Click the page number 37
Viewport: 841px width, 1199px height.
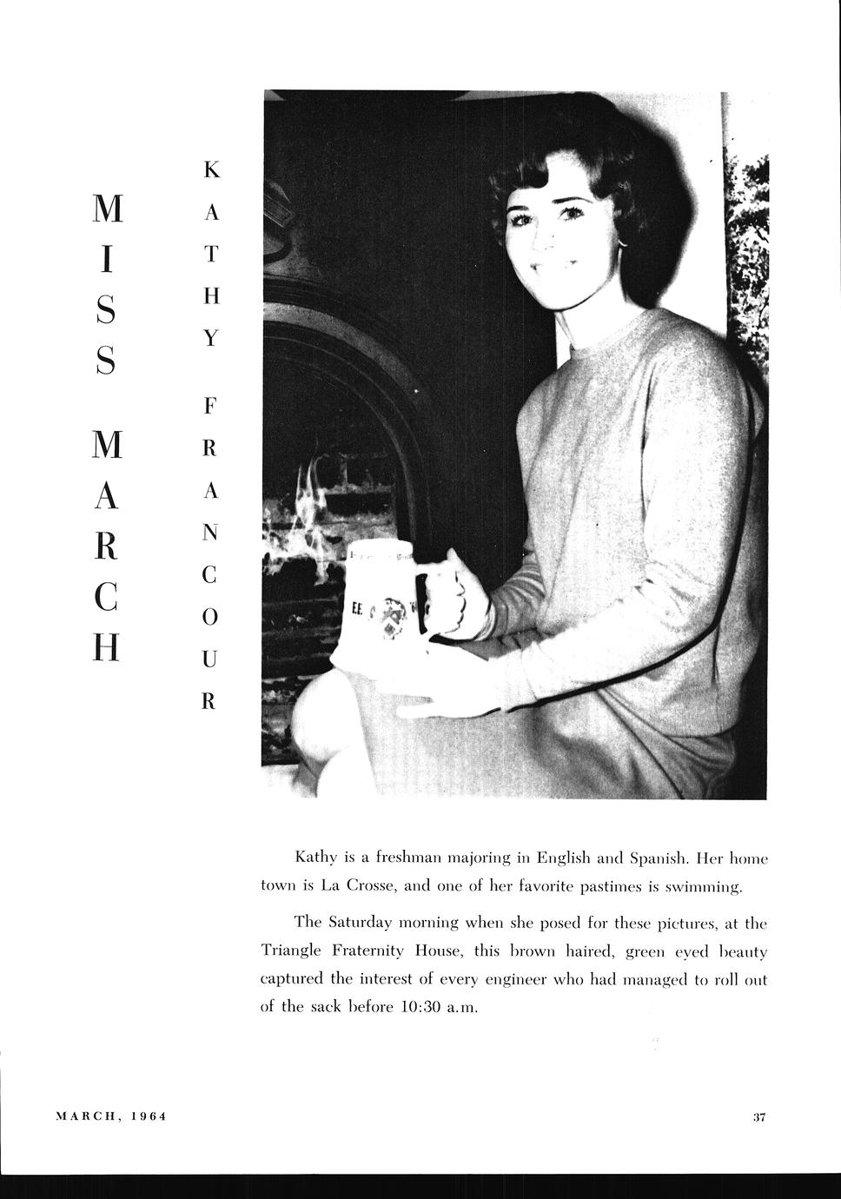[x=758, y=1117]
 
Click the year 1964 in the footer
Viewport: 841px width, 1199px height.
[x=149, y=1116]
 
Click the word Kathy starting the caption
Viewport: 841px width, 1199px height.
[x=315, y=858]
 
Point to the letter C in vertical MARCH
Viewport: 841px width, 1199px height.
[x=105, y=599]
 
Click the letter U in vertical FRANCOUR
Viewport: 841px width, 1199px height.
[x=209, y=659]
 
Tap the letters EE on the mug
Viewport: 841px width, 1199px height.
[x=356, y=611]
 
